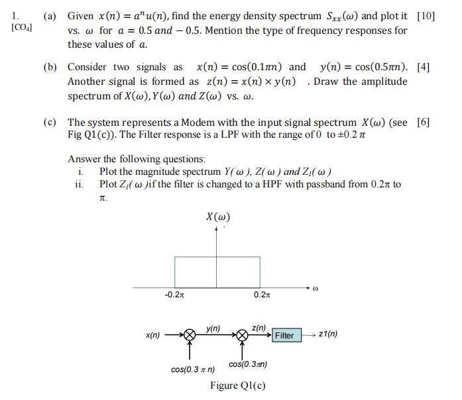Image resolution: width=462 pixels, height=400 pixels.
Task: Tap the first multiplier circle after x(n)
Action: pyautogui.click(x=190, y=335)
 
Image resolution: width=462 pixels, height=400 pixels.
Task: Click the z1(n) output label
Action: pyautogui.click(x=327, y=334)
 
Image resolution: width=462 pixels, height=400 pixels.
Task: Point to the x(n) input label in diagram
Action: pyautogui.click(x=152, y=336)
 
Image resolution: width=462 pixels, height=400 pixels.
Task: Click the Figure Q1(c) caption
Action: pyautogui.click(x=237, y=385)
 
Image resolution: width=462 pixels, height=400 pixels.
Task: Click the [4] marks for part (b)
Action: pyautogui.click(x=424, y=67)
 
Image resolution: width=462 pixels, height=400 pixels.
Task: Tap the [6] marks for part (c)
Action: pyautogui.click(x=424, y=123)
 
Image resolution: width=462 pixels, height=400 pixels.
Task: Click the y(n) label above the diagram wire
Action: pyautogui.click(x=213, y=327)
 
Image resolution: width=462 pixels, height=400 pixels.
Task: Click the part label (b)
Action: pyautogui.click(x=50, y=67)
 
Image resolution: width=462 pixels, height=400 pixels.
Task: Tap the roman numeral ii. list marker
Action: pyautogui.click(x=79, y=183)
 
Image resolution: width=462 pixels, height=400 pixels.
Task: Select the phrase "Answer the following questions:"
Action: pyautogui.click(x=137, y=159)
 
